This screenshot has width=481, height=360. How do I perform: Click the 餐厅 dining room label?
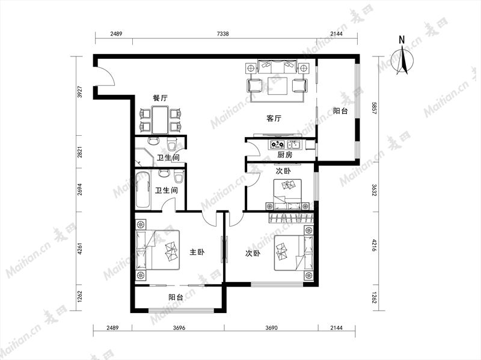coord(161,98)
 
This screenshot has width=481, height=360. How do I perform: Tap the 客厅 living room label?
coord(274,118)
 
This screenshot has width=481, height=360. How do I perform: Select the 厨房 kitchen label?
coord(284,155)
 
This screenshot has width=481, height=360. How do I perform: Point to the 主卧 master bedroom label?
coord(197,252)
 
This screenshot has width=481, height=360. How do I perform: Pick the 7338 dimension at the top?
coord(222,34)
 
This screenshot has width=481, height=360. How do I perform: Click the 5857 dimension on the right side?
coord(373,108)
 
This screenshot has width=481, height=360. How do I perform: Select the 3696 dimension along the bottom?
coord(179,328)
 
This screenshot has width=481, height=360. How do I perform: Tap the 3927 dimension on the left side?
coord(80,92)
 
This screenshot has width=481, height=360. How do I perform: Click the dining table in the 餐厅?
coord(160,120)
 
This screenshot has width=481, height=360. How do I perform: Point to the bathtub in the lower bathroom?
coord(143,191)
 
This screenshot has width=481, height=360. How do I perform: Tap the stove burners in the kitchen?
coord(277,144)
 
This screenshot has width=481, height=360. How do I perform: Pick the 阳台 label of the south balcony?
coord(176,297)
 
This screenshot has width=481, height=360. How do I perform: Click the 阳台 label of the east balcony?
coord(340,111)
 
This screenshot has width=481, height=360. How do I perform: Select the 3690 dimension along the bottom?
coord(271,328)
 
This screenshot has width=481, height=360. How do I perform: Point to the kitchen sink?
coord(295,144)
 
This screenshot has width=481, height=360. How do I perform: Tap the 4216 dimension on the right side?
coord(373,245)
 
